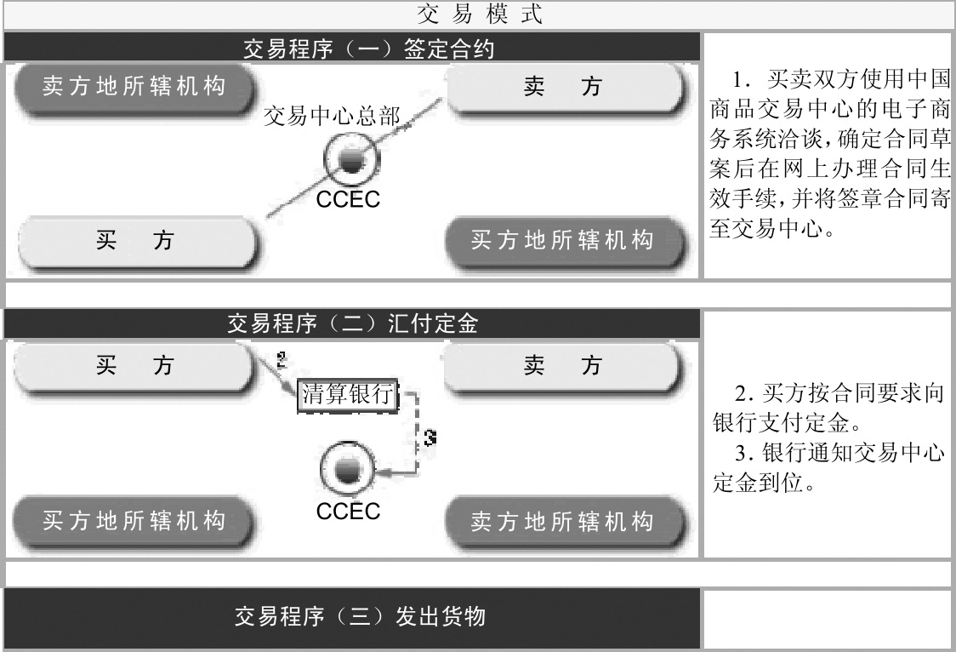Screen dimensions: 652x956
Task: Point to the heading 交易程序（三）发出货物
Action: (360, 616)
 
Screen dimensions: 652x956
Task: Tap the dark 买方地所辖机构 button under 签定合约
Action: (562, 241)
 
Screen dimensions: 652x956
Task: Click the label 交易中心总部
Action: (332, 117)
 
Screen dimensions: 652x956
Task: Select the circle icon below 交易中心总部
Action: (348, 161)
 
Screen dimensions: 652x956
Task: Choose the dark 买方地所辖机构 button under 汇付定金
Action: (134, 519)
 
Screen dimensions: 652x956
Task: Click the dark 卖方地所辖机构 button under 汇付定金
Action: (562, 519)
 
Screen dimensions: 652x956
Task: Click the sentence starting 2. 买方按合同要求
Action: (830, 409)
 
